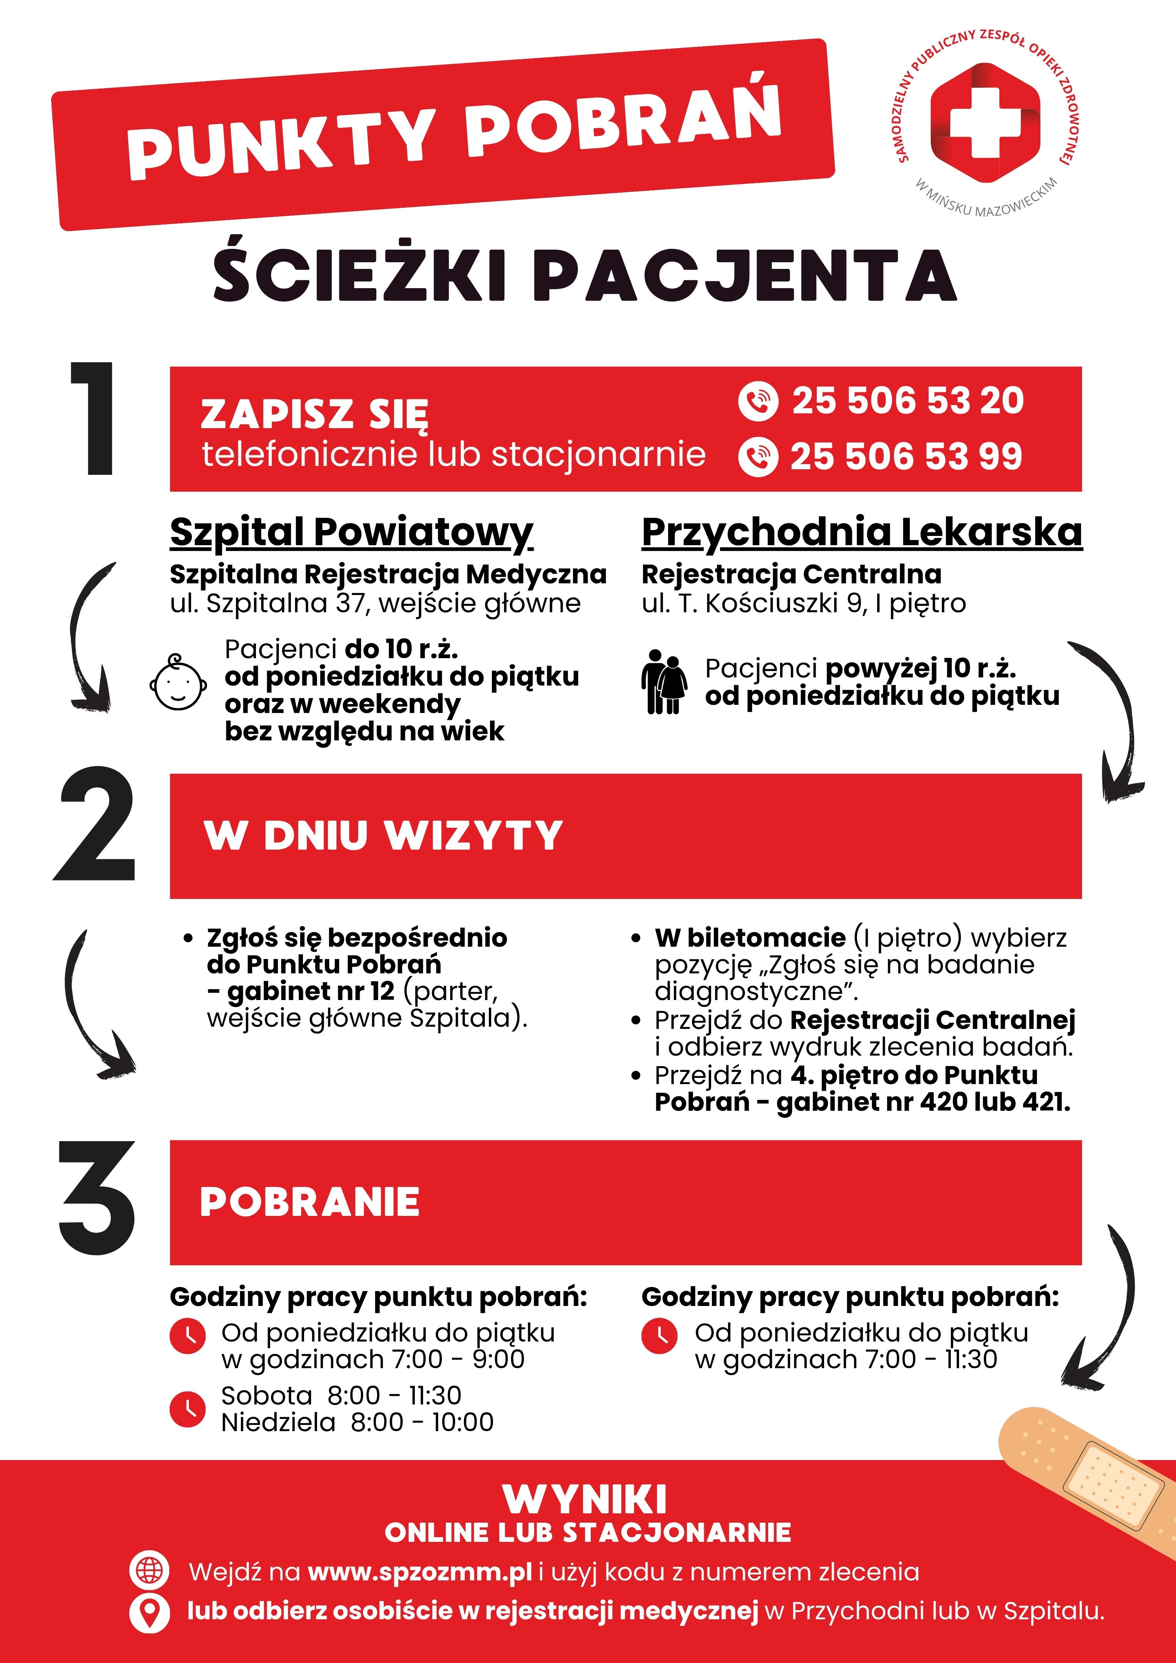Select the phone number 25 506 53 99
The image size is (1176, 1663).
[906, 456]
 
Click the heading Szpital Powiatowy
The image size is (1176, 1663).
[351, 532]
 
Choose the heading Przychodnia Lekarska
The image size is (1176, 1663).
[862, 532]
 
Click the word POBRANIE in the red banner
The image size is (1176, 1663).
[309, 1202]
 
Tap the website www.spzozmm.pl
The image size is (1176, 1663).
[419, 1573]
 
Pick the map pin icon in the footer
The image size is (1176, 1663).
[149, 1612]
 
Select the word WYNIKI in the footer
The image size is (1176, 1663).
[585, 1500]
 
